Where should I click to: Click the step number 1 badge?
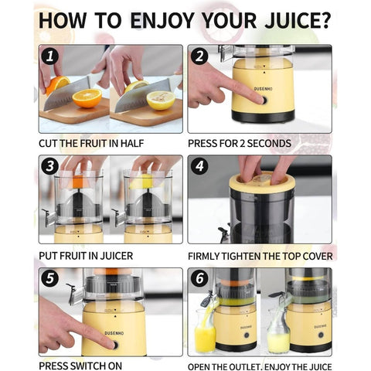(x=49, y=56)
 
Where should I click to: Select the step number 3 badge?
(x=49, y=167)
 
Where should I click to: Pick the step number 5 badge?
(x=49, y=279)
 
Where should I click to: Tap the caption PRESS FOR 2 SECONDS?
(x=240, y=143)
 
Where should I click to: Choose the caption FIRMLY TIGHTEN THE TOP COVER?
(x=260, y=255)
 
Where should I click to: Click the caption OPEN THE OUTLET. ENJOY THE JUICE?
(x=260, y=366)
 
